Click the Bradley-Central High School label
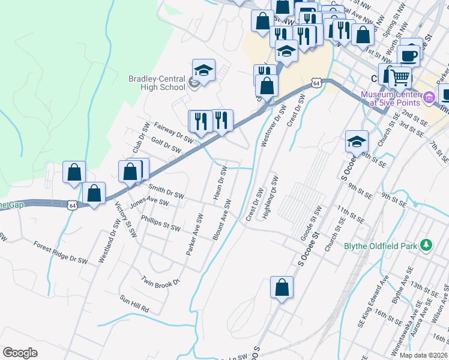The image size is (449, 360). (x=157, y=82)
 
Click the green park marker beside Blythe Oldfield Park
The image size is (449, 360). (x=426, y=245)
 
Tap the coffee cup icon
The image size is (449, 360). (x=409, y=56)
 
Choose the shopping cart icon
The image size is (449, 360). (x=400, y=76)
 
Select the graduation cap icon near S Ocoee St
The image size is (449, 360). (x=357, y=142)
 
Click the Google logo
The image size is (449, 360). (x=20, y=353)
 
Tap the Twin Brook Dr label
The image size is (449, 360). (x=160, y=281)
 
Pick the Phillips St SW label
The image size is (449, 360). (x=160, y=223)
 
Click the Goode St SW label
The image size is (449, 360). (x=312, y=221)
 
